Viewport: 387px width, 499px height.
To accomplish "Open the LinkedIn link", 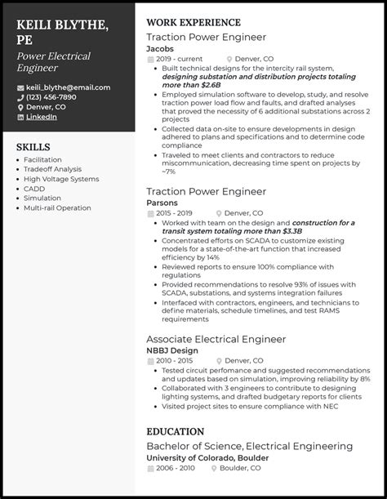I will (41, 117).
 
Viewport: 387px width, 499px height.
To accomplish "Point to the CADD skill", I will (34, 189).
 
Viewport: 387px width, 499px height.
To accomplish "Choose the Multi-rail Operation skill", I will (57, 208).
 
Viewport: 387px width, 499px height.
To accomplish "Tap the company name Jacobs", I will (160, 48).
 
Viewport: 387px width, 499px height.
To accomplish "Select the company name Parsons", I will (162, 203).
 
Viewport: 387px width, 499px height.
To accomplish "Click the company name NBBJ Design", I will (171, 350).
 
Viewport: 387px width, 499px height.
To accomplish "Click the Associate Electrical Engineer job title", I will (216, 339).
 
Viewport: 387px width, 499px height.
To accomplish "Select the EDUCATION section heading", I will (175, 431).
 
